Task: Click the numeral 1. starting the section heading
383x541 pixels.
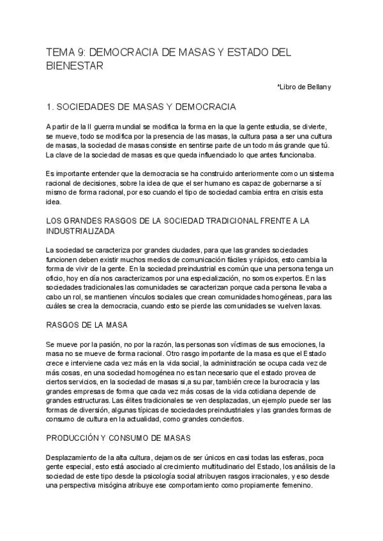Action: (51, 107)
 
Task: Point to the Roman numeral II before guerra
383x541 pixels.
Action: (91, 126)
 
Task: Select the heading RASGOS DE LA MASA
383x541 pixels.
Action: (87, 325)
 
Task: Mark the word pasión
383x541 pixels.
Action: (103, 344)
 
